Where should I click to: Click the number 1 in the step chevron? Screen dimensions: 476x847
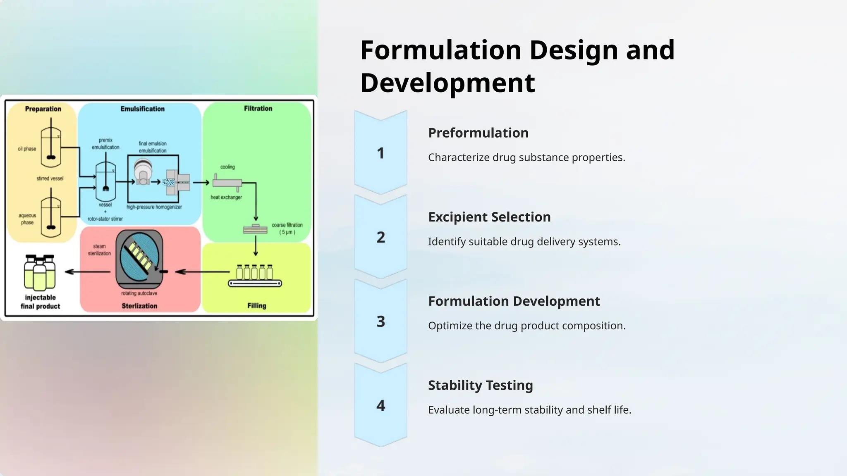[x=380, y=153]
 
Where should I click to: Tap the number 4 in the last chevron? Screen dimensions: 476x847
[x=380, y=406]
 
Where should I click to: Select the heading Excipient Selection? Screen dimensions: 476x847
[x=489, y=217]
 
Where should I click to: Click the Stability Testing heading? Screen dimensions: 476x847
[x=480, y=385]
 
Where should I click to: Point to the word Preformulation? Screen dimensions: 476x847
[x=478, y=133]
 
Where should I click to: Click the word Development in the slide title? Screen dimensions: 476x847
[x=447, y=83]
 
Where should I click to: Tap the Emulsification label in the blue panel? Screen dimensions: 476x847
[x=142, y=109]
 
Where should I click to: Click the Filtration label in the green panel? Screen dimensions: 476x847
[x=258, y=108]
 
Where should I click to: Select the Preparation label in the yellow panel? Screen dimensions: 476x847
[x=43, y=109]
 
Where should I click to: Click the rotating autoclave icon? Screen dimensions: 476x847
[x=139, y=259]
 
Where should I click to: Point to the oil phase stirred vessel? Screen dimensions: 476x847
[x=51, y=145]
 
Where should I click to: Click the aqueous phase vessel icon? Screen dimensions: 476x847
[x=51, y=216]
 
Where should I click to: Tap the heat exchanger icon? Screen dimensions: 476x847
[x=227, y=183]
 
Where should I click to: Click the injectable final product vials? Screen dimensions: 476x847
[x=40, y=272]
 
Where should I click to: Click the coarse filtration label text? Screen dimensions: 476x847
[x=287, y=228]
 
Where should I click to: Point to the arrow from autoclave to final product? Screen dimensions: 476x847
[x=88, y=272]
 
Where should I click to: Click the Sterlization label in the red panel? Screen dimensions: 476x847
[x=139, y=306]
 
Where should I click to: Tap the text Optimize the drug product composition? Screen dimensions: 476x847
[x=526, y=326]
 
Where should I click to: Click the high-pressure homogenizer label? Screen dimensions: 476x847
[x=154, y=207]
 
